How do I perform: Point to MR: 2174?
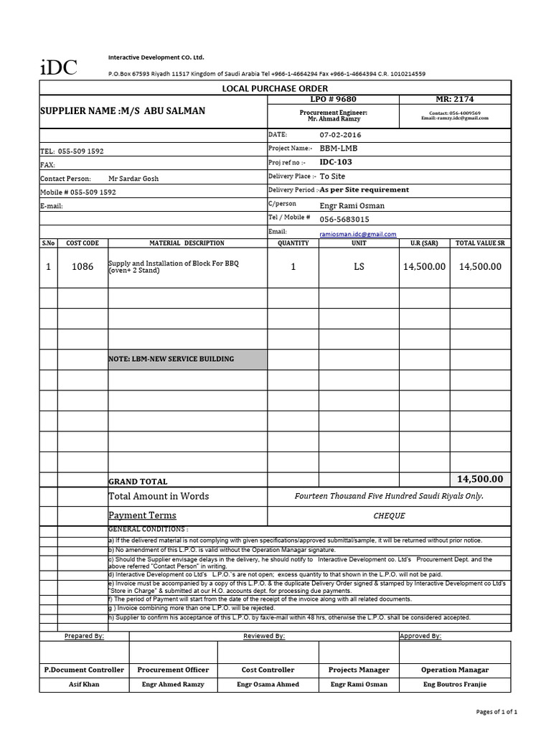click(454, 99)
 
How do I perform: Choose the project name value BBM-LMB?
click(338, 148)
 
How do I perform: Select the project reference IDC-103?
click(336, 162)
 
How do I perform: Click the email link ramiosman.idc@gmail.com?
click(357, 234)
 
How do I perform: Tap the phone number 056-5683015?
click(344, 219)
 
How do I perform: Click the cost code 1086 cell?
click(83, 266)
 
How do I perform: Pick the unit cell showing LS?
click(359, 266)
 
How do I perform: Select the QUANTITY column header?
click(293, 243)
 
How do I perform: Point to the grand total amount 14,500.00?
click(480, 479)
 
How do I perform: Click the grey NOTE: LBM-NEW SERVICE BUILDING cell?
click(187, 359)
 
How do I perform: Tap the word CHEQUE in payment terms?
click(390, 515)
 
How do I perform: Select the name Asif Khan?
click(83, 684)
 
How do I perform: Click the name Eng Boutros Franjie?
click(454, 684)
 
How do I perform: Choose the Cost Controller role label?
click(268, 670)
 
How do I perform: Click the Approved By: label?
click(420, 636)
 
